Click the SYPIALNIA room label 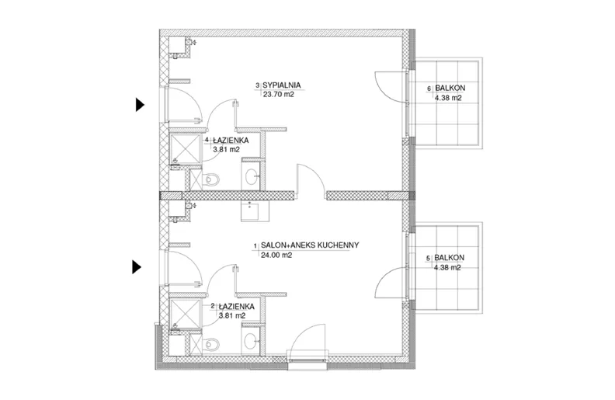click(282, 85)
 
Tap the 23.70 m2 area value click(279, 95)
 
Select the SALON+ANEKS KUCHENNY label click(310, 245)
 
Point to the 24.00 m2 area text click(276, 256)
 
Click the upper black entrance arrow click(140, 105)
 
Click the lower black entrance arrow click(137, 267)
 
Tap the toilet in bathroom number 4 click(211, 180)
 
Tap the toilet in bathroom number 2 click(211, 344)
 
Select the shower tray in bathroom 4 click(185, 148)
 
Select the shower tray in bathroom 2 click(185, 312)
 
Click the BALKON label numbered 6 click(450, 89)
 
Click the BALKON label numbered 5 click(450, 258)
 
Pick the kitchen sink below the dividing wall click(255, 211)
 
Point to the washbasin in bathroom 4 click(251, 176)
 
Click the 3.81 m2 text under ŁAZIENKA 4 click(226, 149)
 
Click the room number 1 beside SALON click(255, 246)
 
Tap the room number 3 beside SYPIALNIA click(257, 85)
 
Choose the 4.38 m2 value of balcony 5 click(447, 268)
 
